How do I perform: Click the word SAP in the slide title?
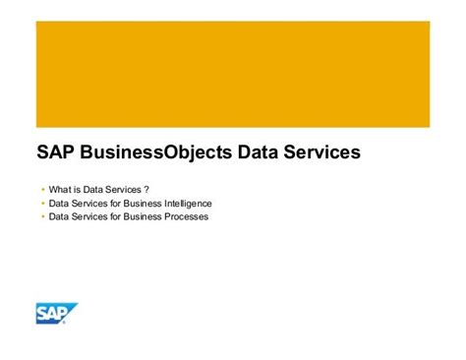coord(55,152)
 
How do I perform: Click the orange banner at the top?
coord(233,74)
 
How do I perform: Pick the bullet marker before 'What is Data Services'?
coord(42,188)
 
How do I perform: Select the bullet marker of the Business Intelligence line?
coord(42,203)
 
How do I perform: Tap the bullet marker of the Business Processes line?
coord(42,215)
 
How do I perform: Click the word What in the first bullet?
coord(59,188)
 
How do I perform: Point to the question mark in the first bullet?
coord(146,188)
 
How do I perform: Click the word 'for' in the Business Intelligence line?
coord(111,203)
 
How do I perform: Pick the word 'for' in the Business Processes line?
coord(111,215)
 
